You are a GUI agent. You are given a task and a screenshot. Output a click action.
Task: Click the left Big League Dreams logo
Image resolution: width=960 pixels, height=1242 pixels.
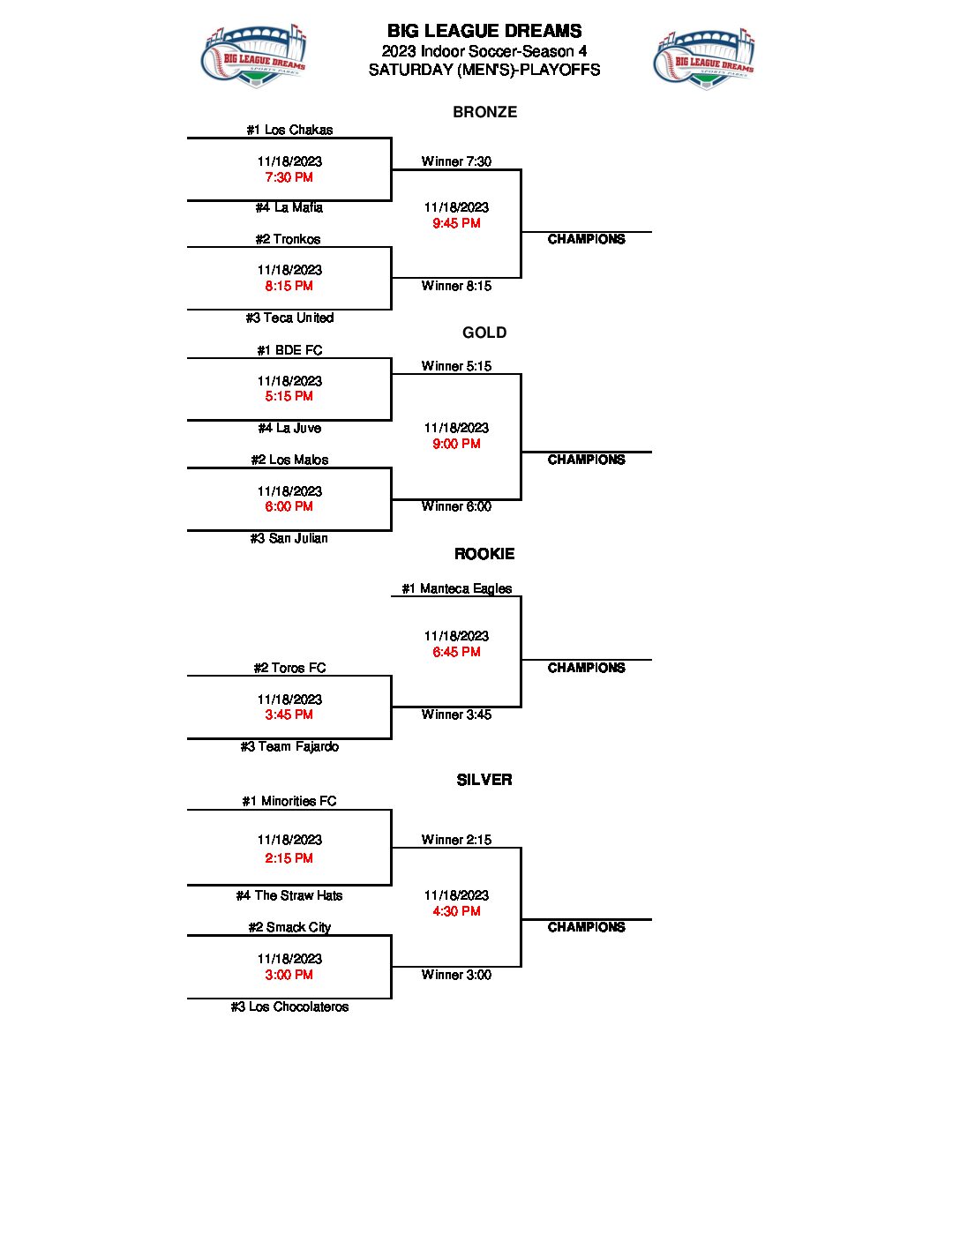coord(253,56)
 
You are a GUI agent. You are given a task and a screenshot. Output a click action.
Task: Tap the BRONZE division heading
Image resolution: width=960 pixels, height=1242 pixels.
coord(485,112)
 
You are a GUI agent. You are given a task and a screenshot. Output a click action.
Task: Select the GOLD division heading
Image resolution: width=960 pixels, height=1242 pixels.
coord(484,333)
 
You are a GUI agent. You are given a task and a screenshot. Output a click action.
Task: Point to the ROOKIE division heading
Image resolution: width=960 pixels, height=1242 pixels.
coord(484,554)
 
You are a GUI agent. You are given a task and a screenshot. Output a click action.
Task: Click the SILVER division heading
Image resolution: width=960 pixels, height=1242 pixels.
coord(484,780)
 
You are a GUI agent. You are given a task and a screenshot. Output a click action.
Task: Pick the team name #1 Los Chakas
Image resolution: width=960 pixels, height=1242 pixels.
coord(289,130)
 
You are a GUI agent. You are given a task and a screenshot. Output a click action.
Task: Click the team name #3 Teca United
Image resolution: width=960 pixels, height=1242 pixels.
coord(289,318)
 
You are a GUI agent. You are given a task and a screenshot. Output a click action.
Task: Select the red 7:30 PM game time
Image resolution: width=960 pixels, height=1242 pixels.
coord(289,177)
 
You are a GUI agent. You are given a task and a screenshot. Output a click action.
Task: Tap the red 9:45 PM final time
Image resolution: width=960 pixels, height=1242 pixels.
coord(456,223)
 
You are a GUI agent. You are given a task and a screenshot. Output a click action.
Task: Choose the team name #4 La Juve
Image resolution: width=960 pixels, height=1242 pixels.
coord(289,428)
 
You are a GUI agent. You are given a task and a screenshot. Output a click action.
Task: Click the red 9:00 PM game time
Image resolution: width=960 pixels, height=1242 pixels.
coord(456,444)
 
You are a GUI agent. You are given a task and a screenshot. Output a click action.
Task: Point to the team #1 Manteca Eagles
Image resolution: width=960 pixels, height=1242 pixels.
coord(456,588)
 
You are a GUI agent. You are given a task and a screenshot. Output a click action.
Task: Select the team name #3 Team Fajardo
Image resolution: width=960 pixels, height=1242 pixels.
coord(289,746)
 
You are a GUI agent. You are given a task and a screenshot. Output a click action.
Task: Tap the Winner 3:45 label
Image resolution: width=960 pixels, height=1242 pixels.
coord(456,715)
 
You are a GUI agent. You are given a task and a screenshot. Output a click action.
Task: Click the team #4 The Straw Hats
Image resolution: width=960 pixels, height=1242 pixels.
coord(289,895)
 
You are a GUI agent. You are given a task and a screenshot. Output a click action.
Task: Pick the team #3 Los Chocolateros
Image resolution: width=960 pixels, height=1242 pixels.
coord(289,1006)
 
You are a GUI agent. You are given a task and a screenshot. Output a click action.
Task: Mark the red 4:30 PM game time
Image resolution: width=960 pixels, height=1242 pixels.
coord(456,911)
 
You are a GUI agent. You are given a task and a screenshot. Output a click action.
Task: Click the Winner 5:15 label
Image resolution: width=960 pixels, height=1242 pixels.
coord(456,366)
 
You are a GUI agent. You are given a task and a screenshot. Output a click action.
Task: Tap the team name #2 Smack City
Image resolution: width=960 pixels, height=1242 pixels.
coord(289,927)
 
